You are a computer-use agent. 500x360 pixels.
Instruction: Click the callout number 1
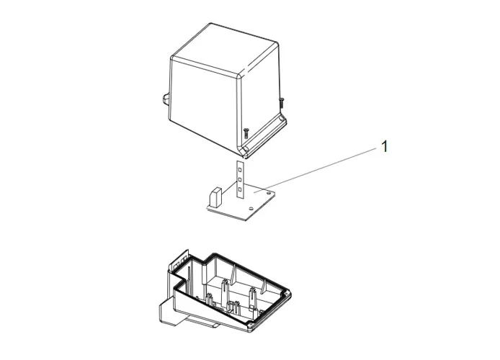385,147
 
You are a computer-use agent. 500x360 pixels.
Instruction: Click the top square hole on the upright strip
240,167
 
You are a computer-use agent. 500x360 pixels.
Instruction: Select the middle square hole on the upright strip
240,180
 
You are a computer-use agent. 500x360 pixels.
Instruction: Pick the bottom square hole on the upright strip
240,191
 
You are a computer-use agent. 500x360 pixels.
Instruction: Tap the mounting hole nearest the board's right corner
269,193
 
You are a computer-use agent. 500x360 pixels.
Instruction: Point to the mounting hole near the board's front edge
251,209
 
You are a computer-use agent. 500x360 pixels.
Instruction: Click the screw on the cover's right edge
281,102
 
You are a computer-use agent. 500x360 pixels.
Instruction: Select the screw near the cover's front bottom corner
246,132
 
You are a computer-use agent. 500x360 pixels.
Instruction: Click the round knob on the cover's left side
166,99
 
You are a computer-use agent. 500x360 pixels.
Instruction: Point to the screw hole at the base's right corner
287,293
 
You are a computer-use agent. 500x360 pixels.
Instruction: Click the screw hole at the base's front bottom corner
250,325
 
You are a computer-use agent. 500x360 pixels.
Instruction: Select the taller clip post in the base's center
225,293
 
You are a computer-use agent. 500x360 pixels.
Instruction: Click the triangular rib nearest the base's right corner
264,286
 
